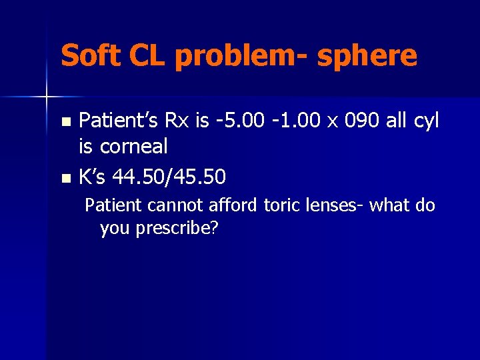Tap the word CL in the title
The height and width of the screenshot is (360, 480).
149,55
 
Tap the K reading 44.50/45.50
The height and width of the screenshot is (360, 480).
169,177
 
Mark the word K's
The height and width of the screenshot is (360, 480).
93,177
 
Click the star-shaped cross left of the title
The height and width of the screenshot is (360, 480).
47,97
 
